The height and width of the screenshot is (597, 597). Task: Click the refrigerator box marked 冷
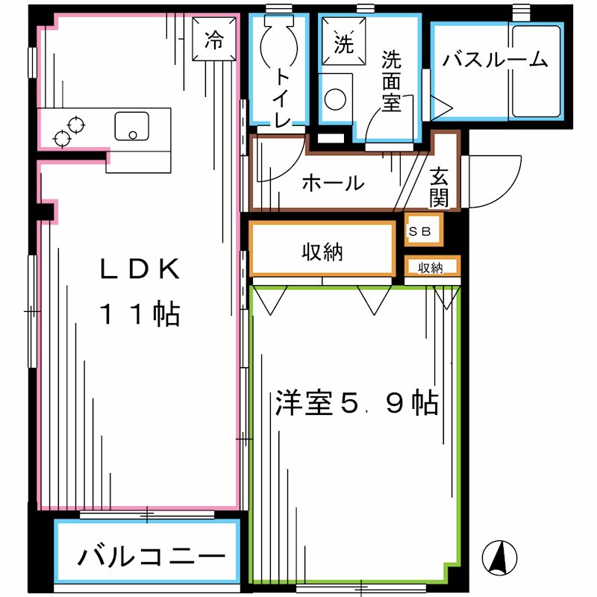tap(214, 38)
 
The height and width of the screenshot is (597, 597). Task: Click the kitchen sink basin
tap(132, 126)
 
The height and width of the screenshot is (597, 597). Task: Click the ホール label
tap(333, 183)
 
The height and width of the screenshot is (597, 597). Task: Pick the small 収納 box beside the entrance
tap(431, 267)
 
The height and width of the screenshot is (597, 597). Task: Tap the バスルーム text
tap(494, 60)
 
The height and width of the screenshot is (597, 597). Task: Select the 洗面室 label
tap(391, 81)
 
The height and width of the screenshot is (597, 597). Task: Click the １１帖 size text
tap(141, 314)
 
